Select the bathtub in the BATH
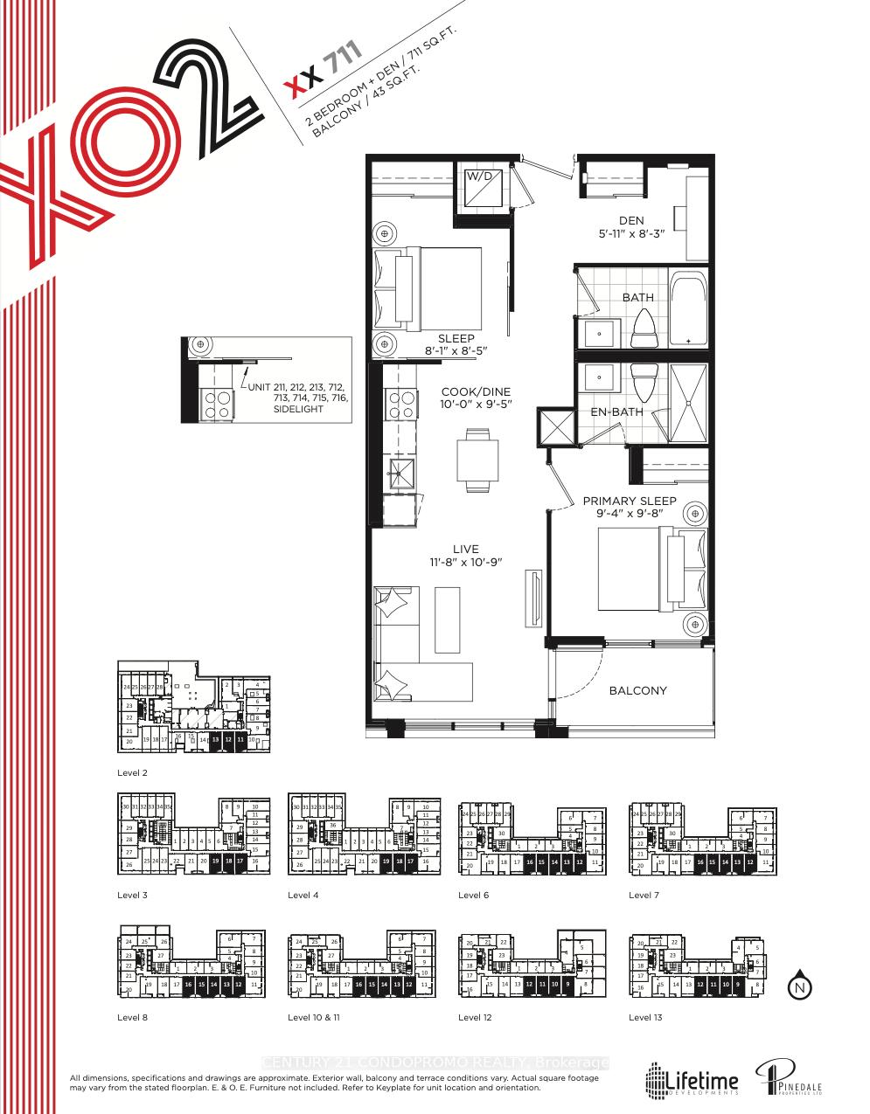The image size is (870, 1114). click(x=689, y=310)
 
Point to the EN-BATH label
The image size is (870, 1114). click(x=617, y=412)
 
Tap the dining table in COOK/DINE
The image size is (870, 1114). click(x=477, y=460)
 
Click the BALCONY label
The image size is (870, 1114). click(x=637, y=690)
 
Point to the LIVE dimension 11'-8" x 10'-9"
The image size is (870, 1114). click(x=466, y=561)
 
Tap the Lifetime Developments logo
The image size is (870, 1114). click(x=693, y=1080)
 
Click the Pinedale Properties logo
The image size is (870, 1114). click(x=790, y=1079)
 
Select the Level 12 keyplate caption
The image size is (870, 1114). click(x=475, y=1017)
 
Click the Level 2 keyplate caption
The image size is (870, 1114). click(x=133, y=773)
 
